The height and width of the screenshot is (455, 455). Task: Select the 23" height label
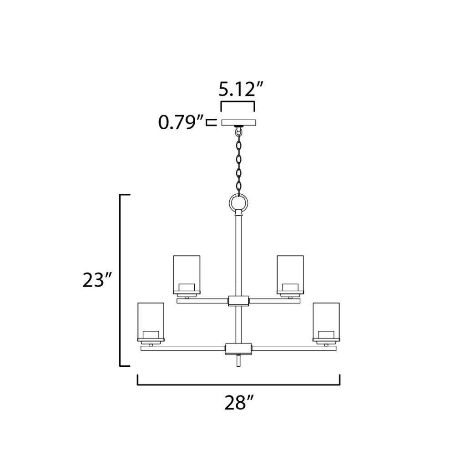(x=97, y=280)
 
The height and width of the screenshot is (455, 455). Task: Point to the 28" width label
(x=239, y=403)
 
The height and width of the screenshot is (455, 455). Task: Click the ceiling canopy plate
(x=239, y=122)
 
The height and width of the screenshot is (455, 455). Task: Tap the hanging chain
(x=239, y=162)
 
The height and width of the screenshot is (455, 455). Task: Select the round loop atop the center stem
(x=238, y=202)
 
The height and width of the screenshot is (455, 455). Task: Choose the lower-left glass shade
(x=151, y=322)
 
